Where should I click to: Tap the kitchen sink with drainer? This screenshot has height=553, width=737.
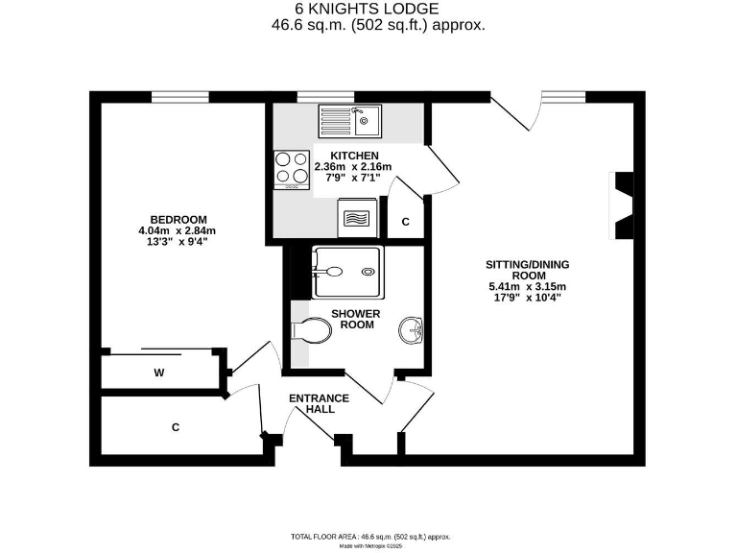point(350,122)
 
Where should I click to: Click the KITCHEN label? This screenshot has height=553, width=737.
point(354,156)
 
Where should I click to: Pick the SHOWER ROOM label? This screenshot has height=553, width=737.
point(355,320)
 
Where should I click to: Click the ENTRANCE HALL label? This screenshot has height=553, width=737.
point(321,403)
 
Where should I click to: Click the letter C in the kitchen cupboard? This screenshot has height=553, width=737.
point(405,222)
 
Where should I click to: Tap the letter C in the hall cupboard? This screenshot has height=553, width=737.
point(176,426)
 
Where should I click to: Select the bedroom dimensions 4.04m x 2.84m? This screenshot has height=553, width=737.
point(178,230)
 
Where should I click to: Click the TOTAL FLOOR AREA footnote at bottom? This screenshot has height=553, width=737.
point(369,537)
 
